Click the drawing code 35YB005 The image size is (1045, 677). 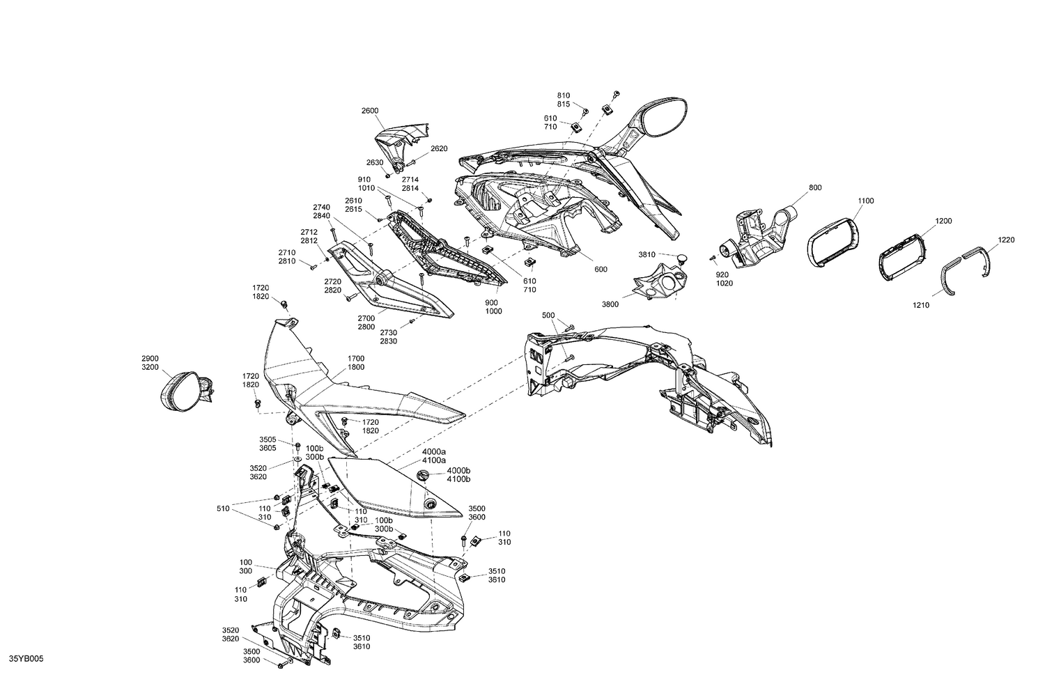coord(26,659)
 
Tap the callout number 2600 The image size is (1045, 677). coord(370,111)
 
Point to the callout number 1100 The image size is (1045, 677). coord(866,201)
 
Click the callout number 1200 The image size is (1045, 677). coord(944,221)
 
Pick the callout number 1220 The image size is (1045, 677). coord(1006,240)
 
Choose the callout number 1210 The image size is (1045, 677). coord(921,305)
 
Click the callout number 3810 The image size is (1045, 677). coord(647,255)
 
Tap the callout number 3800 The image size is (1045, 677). coord(610,304)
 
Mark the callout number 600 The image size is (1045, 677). coord(601,269)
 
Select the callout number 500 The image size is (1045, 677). coord(549,316)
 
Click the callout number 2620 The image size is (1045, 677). coord(439,149)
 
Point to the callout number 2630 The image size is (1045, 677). coord(375,162)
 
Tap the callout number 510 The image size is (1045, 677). coord(223,508)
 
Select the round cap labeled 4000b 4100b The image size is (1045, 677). coord(423,475)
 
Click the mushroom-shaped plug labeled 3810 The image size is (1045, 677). coord(681,257)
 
